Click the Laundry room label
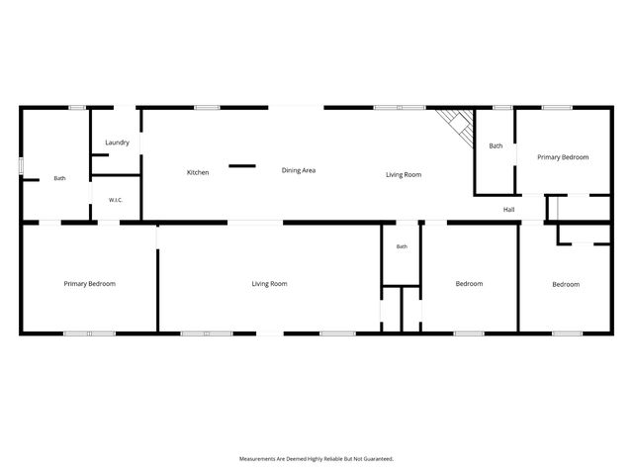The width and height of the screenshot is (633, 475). (x=117, y=142)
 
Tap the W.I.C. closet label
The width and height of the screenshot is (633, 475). (x=116, y=200)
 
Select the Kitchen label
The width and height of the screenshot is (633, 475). (x=198, y=172)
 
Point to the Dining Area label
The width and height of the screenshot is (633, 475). (x=299, y=170)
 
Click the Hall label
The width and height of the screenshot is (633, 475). (x=508, y=210)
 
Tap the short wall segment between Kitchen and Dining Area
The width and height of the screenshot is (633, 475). (x=242, y=166)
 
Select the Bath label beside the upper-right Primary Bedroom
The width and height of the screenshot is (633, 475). (x=496, y=145)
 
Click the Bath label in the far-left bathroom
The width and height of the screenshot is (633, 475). (x=59, y=178)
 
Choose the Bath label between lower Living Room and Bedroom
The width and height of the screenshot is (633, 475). (x=402, y=246)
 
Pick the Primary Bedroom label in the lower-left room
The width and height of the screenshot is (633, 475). (x=90, y=284)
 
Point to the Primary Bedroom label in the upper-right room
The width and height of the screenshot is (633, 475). (x=563, y=157)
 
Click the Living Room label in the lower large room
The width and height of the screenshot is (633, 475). (x=269, y=284)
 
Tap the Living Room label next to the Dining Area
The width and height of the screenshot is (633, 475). (x=404, y=175)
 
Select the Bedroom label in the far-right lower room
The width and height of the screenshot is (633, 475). (x=566, y=284)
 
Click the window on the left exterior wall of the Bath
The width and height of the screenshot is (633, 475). (x=21, y=165)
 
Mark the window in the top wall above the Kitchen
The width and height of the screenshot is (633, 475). (x=207, y=108)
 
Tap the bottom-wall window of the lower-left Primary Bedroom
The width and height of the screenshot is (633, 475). (x=90, y=333)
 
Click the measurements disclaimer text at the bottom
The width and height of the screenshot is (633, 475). (x=316, y=459)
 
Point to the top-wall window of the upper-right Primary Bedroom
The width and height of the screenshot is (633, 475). (x=557, y=108)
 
